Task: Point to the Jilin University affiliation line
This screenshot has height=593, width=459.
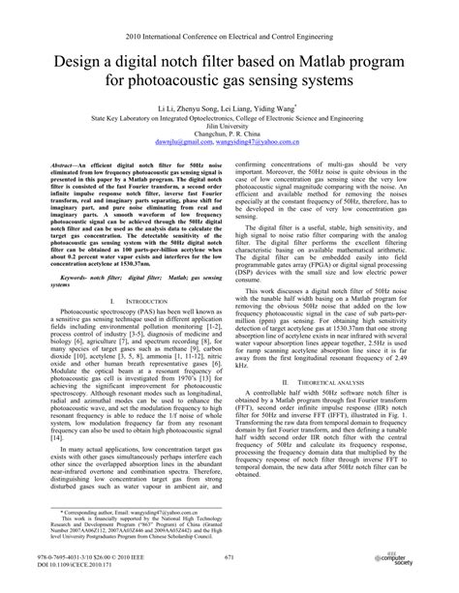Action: [x=229, y=132]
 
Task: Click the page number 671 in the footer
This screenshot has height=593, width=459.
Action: [x=229, y=560]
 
